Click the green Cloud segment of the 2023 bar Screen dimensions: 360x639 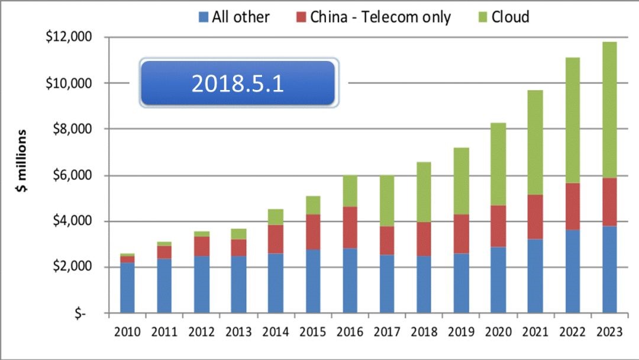609,110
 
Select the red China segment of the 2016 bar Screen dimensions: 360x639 350,227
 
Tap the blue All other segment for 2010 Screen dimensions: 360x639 127,288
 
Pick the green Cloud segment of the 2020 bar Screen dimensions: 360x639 498,164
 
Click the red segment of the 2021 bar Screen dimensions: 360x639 535,217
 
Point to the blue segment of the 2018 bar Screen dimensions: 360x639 424,284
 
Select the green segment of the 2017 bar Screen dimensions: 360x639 387,201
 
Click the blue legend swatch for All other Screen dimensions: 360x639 204,17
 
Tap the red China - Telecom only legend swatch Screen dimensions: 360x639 299,17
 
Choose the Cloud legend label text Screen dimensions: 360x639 510,17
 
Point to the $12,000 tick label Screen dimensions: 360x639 69,37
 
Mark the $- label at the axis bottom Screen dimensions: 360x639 80,314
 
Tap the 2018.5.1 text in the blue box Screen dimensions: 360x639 238,83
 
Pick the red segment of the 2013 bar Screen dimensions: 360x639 238,247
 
